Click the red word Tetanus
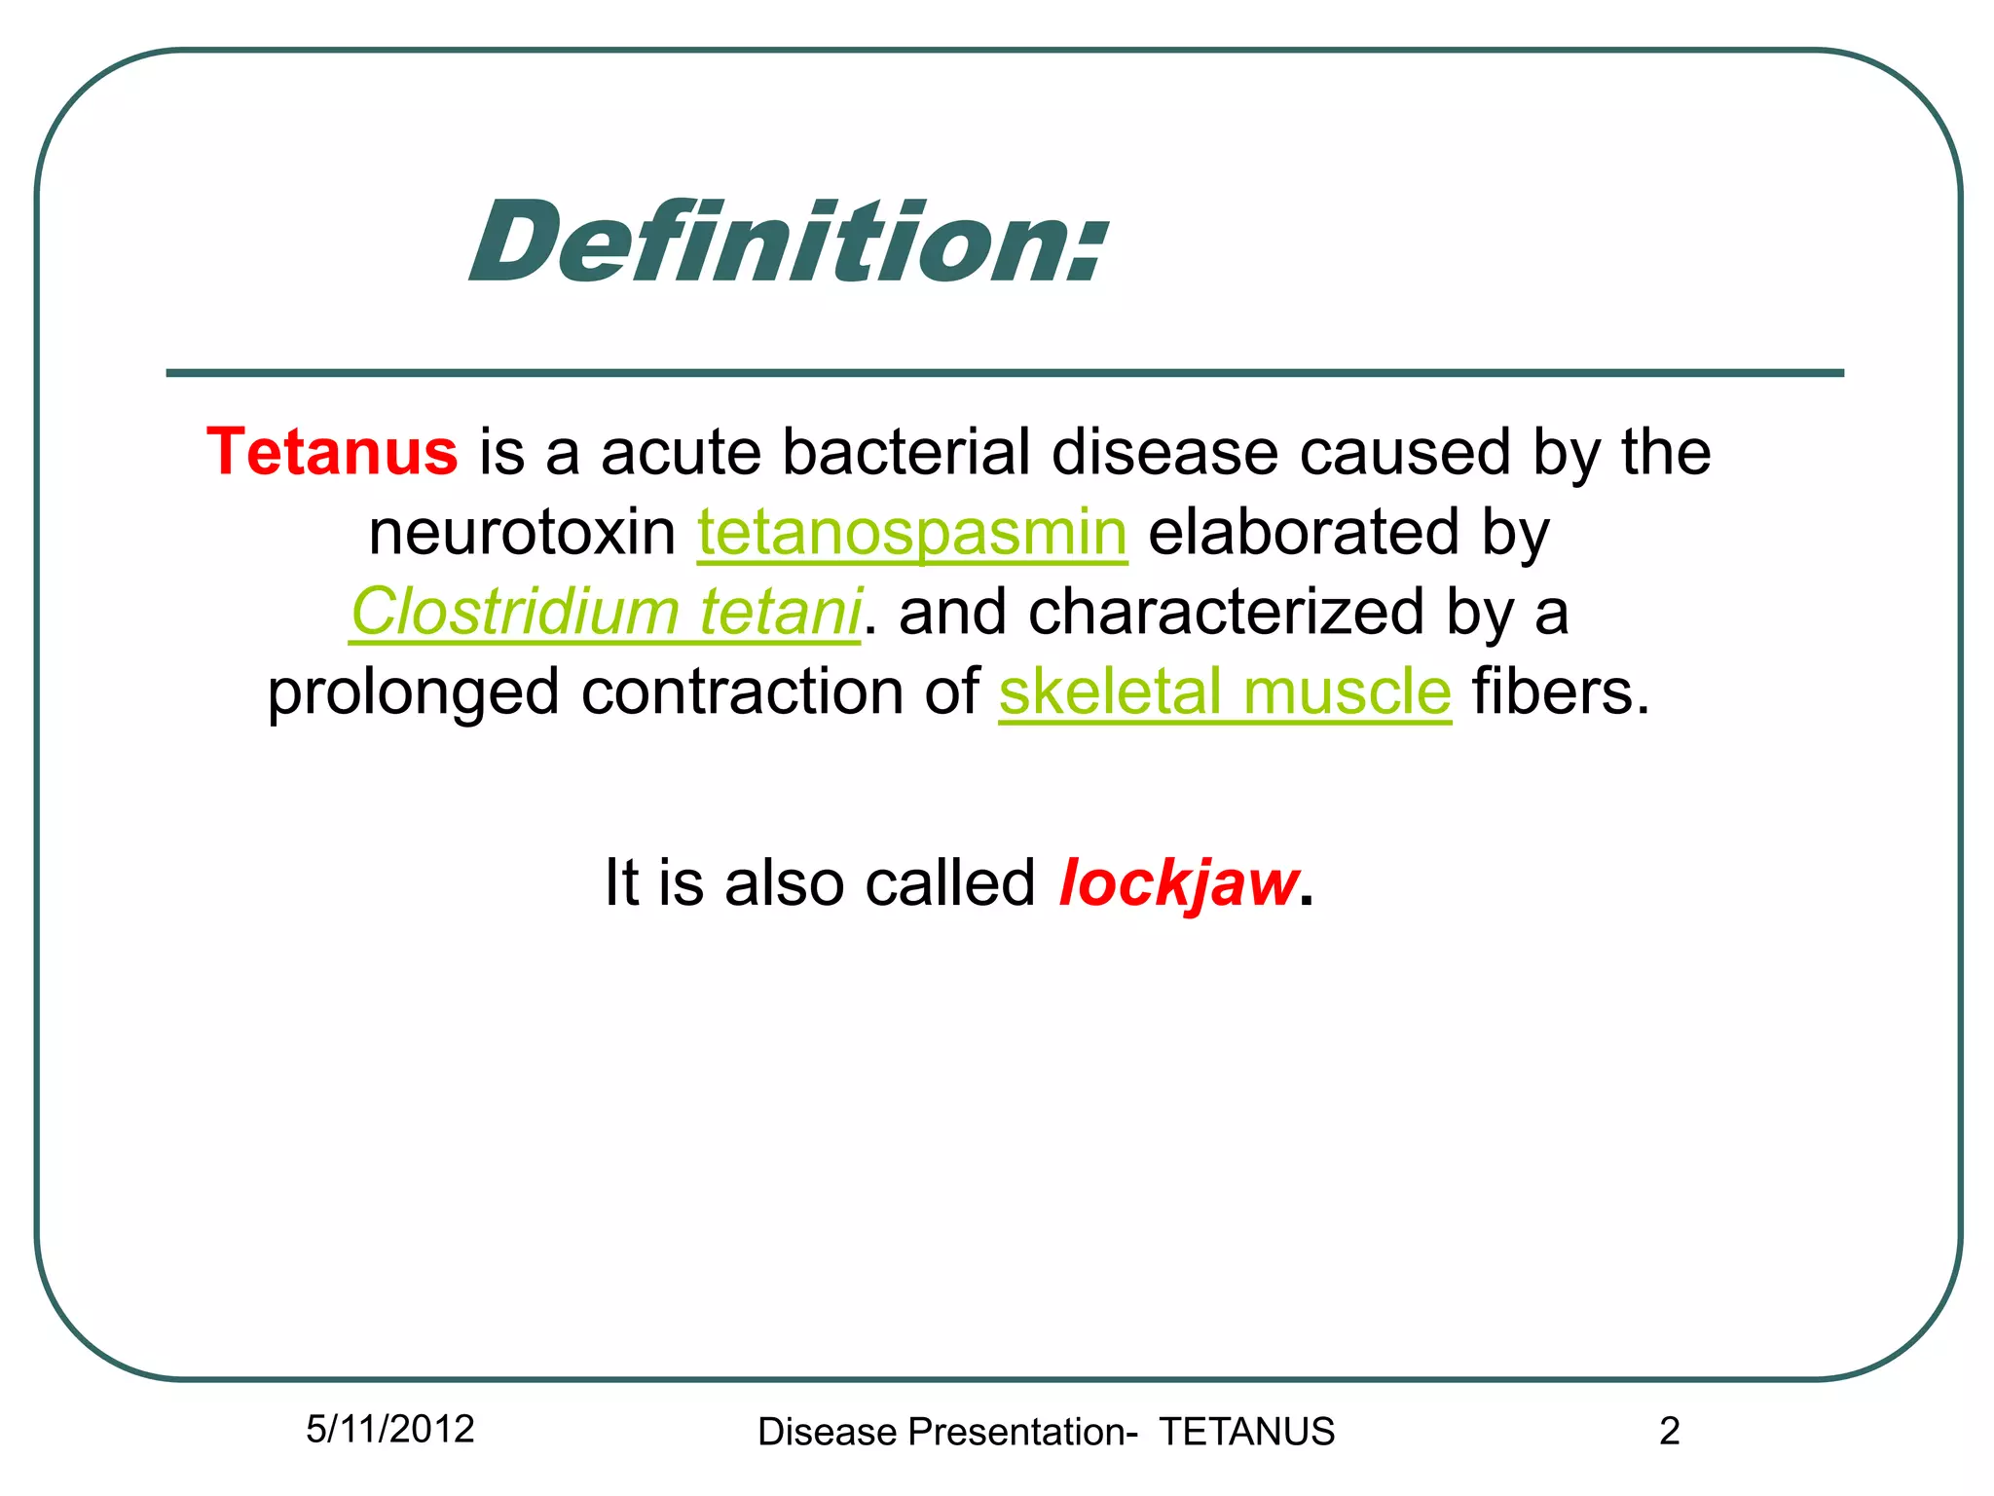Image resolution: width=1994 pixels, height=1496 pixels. tap(332, 453)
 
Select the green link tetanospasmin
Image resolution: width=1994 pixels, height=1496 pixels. tap(912, 534)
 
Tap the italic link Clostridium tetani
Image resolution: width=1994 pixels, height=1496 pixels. tap(606, 613)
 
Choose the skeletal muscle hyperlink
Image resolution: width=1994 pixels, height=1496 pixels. tap(1225, 692)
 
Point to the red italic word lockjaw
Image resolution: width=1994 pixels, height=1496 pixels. tap(1178, 883)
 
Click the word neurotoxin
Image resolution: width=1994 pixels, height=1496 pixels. tap(522, 534)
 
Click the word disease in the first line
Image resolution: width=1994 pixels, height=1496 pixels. tap(1164, 453)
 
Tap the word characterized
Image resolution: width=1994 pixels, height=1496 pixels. tap(1227, 613)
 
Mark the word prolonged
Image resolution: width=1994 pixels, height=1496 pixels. tap(413, 693)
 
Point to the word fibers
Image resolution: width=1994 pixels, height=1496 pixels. tap(1561, 692)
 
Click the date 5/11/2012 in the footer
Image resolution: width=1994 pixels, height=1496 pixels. tap(389, 1429)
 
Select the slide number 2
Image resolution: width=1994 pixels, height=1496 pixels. tap(1669, 1431)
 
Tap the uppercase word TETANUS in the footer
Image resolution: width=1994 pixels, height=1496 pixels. tap(1246, 1432)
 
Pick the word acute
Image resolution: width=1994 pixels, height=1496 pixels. tap(681, 455)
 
